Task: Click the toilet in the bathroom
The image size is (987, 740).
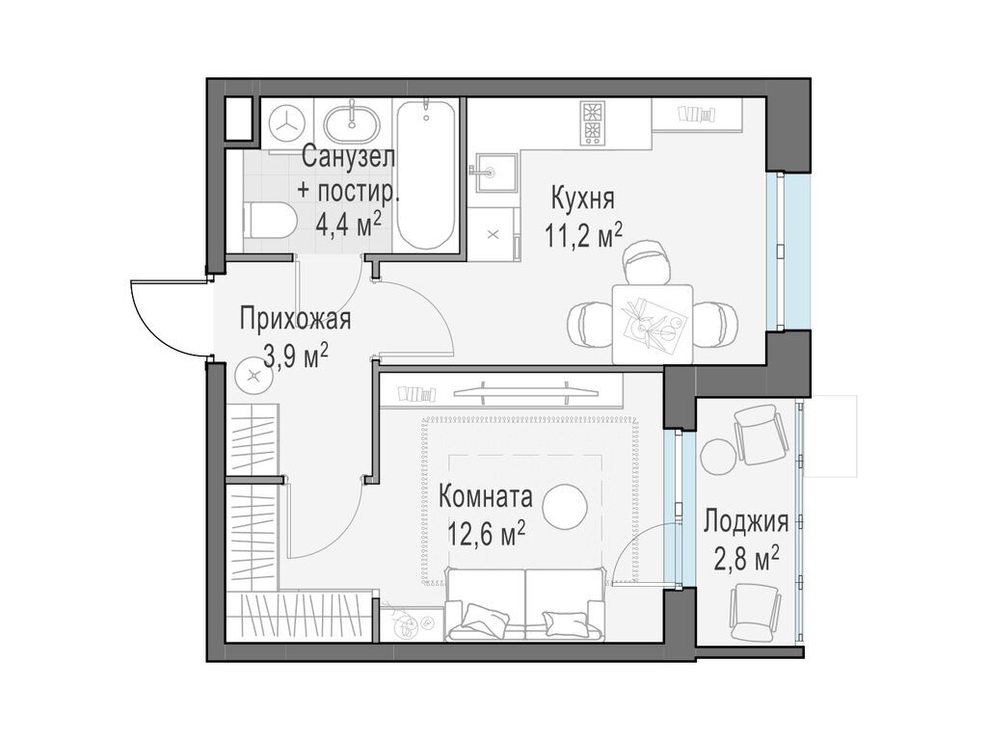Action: (268, 221)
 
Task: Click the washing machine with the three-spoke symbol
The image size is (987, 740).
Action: (286, 122)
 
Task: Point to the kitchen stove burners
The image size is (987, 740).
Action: (591, 122)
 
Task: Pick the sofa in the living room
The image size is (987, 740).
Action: (525, 605)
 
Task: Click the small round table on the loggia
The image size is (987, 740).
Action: (717, 455)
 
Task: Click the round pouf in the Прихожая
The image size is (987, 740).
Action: (254, 375)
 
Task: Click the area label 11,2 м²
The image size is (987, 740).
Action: (584, 234)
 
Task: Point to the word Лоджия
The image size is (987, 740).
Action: (746, 523)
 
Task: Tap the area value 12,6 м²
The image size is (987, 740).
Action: (486, 532)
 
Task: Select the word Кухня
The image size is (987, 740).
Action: (582, 198)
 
